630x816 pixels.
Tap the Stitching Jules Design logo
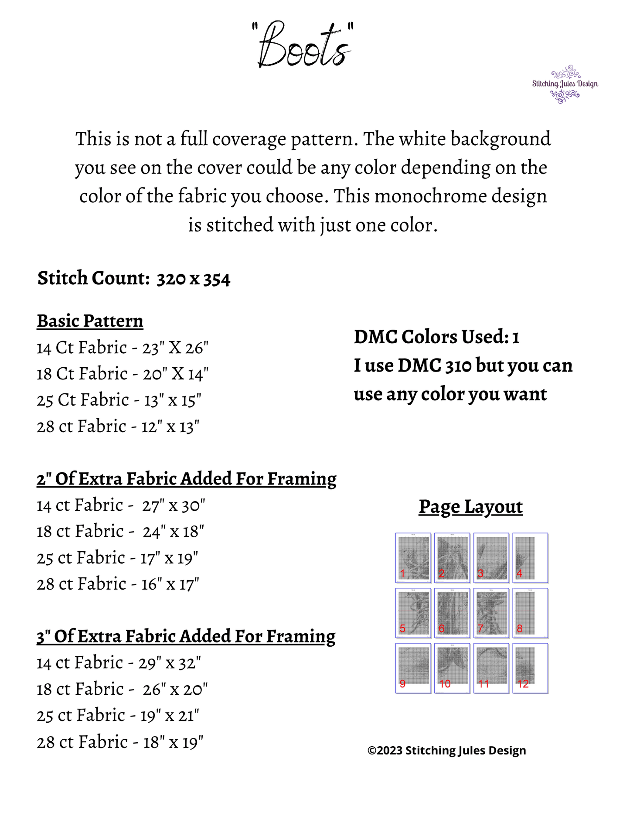(565, 84)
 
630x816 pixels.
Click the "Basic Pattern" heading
(90, 321)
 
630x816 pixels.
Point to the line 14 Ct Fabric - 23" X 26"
(123, 348)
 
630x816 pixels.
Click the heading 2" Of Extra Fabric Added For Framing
(186, 479)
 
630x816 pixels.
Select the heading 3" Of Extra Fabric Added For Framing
(186, 636)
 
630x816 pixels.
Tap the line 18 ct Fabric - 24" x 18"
(120, 532)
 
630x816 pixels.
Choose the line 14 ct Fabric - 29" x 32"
(119, 663)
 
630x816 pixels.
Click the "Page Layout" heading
(470, 507)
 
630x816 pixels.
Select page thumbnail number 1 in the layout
(413, 558)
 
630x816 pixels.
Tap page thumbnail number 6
(452, 613)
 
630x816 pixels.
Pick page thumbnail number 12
(530, 668)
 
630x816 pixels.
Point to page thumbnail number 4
(530, 558)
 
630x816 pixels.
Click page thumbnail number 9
(413, 668)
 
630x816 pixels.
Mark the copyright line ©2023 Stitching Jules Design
(446, 751)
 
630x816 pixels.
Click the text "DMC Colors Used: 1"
(436, 337)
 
